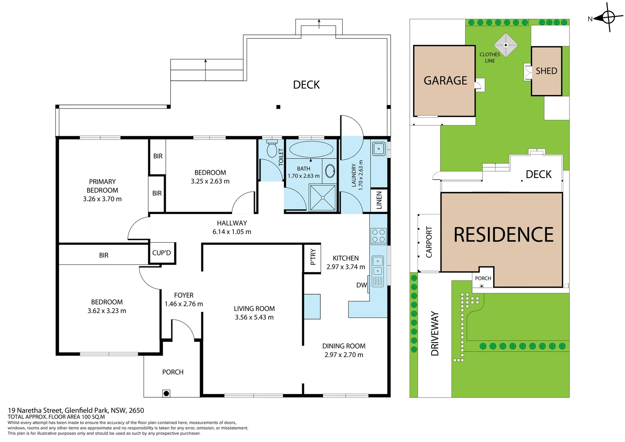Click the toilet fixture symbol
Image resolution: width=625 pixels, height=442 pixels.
pyautogui.click(x=272, y=149)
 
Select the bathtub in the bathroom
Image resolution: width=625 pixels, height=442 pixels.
pyautogui.click(x=311, y=149)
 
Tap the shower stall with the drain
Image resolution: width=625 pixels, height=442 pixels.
pyautogui.click(x=322, y=198)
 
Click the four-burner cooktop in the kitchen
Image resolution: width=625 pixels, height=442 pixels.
pyautogui.click(x=378, y=236)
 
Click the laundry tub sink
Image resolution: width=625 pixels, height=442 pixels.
pyautogui.click(x=379, y=149)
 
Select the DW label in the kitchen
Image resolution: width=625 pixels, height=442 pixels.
pyautogui.click(x=361, y=285)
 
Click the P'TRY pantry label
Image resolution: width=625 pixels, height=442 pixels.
pyautogui.click(x=313, y=257)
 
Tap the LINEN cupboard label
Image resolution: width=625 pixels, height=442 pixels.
pyautogui.click(x=379, y=200)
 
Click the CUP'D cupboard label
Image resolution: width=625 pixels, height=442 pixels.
pyautogui.click(x=162, y=253)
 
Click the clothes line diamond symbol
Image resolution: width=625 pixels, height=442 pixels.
pyautogui.click(x=506, y=45)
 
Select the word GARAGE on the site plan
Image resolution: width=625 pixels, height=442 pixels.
pyautogui.click(x=445, y=81)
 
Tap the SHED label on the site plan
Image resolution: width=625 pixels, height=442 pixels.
pyautogui.click(x=546, y=71)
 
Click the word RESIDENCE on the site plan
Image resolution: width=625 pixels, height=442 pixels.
pyautogui.click(x=504, y=235)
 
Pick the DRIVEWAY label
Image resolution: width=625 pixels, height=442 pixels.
pyautogui.click(x=435, y=334)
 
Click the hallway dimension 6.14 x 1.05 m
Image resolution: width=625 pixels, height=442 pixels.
pyautogui.click(x=232, y=232)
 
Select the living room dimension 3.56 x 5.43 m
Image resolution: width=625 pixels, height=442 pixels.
pyautogui.click(x=254, y=317)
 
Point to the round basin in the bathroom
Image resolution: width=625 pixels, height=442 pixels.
pyautogui.click(x=330, y=171)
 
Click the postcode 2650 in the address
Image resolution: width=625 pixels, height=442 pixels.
pyautogui.click(x=136, y=410)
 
